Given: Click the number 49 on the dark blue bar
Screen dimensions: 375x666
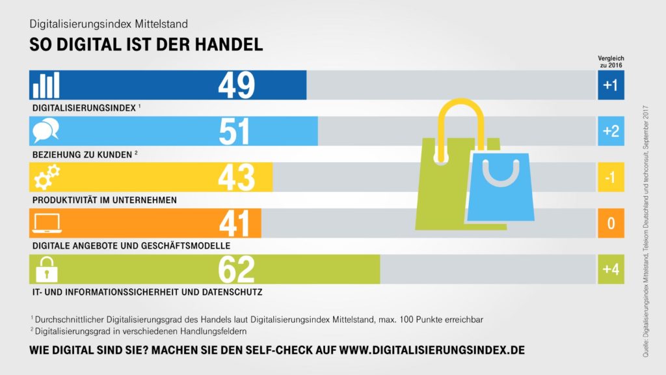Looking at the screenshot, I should coord(236,85).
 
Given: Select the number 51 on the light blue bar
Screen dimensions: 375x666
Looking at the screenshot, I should coord(234,132).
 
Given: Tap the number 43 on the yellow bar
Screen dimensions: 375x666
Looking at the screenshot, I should coord(236,178).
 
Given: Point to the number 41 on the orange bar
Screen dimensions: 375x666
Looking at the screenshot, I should coord(234,224).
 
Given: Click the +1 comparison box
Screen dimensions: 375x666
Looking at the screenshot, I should coord(611,85).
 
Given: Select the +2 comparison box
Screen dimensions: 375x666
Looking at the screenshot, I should coord(611,132).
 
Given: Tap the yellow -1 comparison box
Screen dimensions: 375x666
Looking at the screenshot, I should coord(611,178).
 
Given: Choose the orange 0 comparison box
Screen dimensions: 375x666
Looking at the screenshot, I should coord(611,224).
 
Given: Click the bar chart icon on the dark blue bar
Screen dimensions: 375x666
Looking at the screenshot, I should coord(46,85).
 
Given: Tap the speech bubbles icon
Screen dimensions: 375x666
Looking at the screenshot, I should coord(46,132).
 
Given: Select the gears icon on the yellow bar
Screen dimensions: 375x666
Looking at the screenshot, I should coord(46,178).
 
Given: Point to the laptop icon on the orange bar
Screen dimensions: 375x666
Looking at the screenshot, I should coord(46,224).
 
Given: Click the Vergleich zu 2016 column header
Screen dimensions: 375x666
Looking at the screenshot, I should coord(611,62).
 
